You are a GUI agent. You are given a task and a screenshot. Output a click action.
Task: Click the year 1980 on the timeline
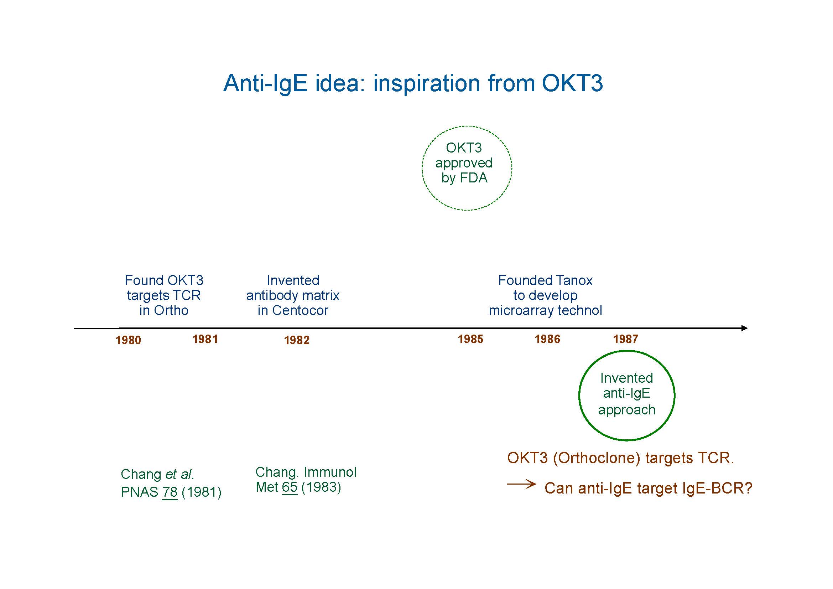(128, 340)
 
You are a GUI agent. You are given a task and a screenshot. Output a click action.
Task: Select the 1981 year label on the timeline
(205, 339)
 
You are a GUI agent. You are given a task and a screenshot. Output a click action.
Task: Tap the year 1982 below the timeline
(296, 340)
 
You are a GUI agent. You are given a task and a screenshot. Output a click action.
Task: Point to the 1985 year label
(470, 339)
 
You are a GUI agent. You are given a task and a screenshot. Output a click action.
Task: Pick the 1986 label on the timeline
(547, 339)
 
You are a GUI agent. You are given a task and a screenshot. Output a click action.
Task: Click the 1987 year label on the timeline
(625, 339)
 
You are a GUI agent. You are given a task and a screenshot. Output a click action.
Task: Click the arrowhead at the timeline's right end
(744, 328)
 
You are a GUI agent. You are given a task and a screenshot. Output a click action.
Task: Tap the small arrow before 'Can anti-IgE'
(521, 484)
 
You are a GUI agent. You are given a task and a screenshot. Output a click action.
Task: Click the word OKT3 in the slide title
(572, 83)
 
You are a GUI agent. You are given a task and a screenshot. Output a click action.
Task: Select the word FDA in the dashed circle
(473, 178)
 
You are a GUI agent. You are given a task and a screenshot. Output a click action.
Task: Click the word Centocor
(300, 310)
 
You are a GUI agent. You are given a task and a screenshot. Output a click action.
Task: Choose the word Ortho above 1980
(171, 310)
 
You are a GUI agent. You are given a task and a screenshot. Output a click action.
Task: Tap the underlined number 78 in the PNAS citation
(170, 492)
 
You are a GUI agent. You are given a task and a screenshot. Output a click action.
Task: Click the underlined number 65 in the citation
(290, 487)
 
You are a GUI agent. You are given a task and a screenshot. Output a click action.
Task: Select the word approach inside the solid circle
(626, 410)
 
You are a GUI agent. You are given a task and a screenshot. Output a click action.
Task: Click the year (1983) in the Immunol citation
(321, 487)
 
